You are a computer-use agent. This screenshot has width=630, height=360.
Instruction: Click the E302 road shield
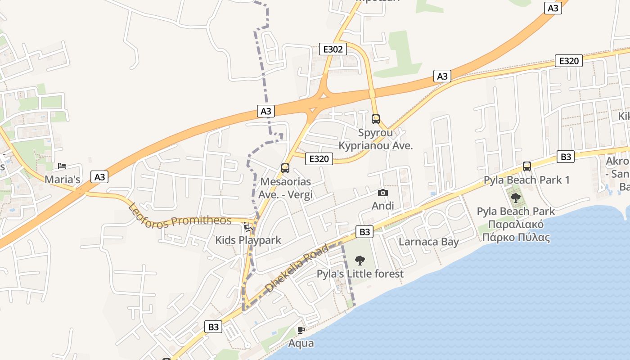coord(333,49)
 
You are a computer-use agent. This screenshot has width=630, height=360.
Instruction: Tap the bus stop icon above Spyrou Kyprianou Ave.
coord(376,119)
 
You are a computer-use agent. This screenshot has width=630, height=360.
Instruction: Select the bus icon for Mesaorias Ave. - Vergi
coord(285,168)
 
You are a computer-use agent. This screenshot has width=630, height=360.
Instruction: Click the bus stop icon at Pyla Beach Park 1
coord(527,166)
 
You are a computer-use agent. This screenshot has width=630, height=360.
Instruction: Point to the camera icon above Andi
coord(383,193)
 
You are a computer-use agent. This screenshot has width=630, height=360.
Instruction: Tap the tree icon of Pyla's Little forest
coord(360,260)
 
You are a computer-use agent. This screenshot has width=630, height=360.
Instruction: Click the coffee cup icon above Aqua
coord(301,330)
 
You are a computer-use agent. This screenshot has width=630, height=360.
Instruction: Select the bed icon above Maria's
coord(62,166)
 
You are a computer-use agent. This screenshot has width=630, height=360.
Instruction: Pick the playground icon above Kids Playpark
coord(247,226)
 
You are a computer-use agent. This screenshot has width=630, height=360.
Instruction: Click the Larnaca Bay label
coord(429,242)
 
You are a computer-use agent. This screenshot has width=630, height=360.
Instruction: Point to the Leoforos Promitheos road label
coord(180,216)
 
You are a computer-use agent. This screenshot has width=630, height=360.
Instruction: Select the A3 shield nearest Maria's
coord(99,177)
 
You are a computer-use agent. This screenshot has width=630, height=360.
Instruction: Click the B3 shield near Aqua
coord(213,327)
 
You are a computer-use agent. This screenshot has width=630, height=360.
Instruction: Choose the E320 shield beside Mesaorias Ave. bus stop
coord(319,158)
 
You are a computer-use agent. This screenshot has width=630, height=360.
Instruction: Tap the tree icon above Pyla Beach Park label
coord(516,198)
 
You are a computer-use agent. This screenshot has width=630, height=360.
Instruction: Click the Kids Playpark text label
coord(248,240)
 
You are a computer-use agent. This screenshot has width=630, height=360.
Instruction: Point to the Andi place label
coord(383,206)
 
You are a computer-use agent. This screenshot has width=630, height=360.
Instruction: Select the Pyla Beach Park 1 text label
coord(526,180)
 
